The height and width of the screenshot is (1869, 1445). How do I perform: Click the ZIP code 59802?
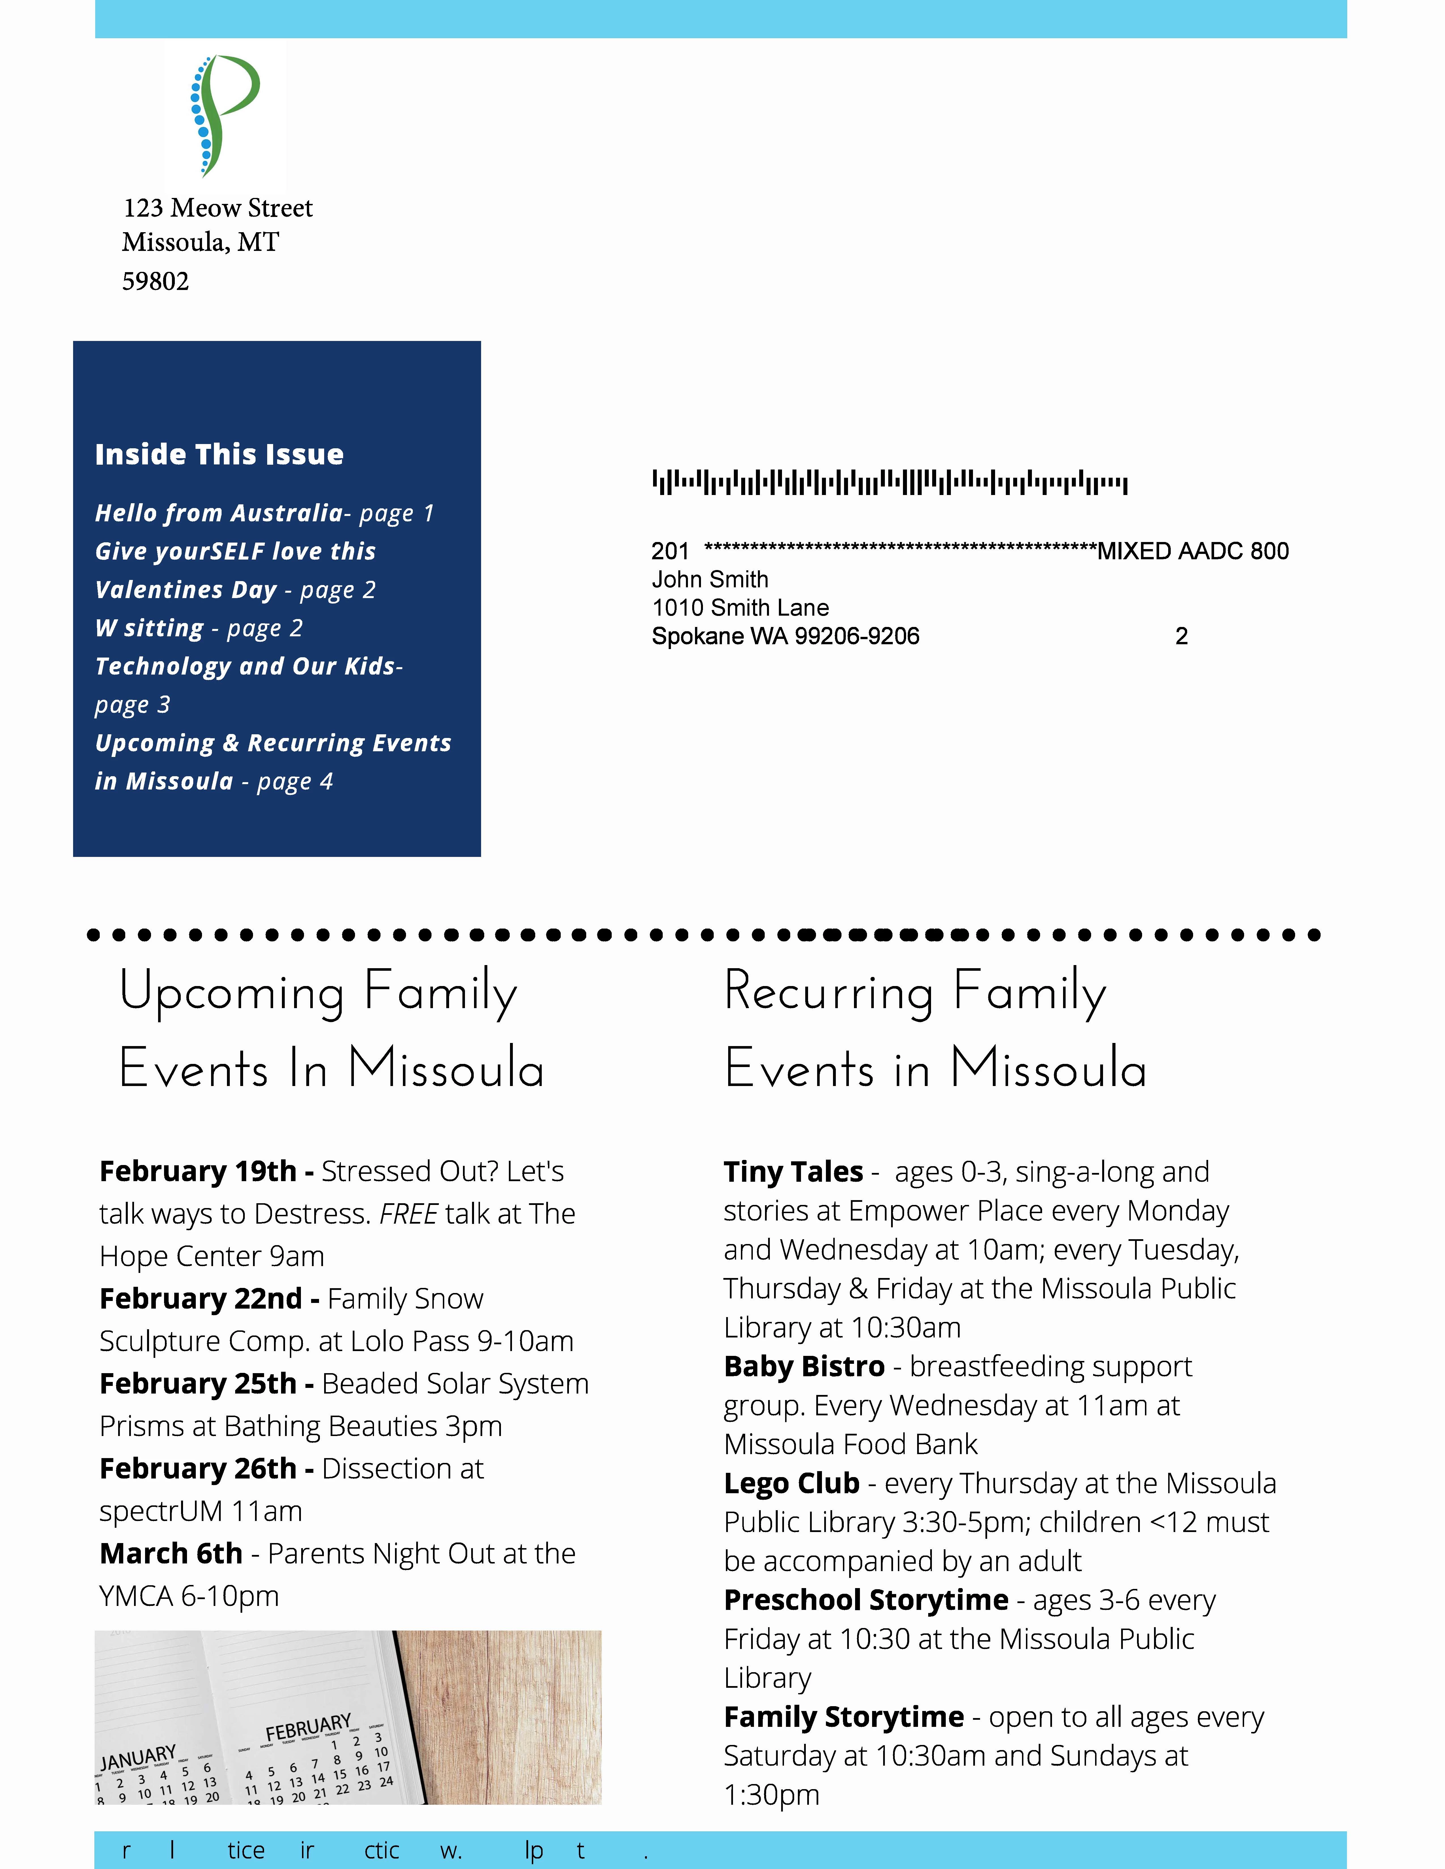point(155,281)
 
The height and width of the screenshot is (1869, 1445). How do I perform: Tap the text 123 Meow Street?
point(217,208)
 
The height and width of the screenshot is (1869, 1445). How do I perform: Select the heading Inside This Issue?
point(219,455)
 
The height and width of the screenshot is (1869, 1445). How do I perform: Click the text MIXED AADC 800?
point(1193,551)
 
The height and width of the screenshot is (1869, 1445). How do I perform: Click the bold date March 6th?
point(171,1554)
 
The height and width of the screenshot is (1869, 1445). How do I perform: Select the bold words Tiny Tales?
point(793,1172)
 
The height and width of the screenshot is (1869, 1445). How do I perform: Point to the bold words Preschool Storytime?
point(866,1600)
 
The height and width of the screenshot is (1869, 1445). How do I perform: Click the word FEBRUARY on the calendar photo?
point(308,1727)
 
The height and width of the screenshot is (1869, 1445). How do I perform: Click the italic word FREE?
point(408,1214)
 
